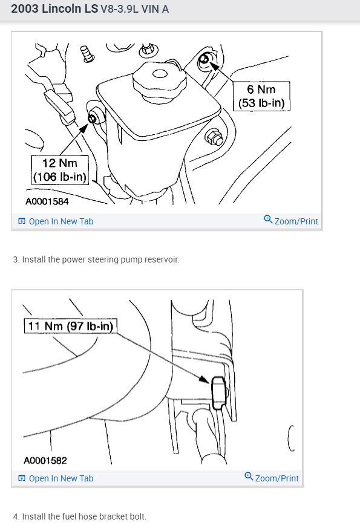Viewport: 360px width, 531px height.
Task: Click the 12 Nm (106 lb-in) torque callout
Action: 60,169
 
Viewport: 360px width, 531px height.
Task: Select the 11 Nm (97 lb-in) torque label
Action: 71,327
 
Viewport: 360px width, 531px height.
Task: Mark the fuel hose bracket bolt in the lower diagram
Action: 218,393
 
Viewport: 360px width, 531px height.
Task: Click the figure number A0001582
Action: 45,460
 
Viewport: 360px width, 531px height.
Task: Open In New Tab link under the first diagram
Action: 56,221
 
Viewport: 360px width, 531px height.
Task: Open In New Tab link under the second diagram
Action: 56,478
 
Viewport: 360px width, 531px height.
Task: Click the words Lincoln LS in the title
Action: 69,10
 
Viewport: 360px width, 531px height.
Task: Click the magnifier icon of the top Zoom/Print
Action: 268,220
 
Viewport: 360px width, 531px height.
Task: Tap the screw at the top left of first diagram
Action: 89,54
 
